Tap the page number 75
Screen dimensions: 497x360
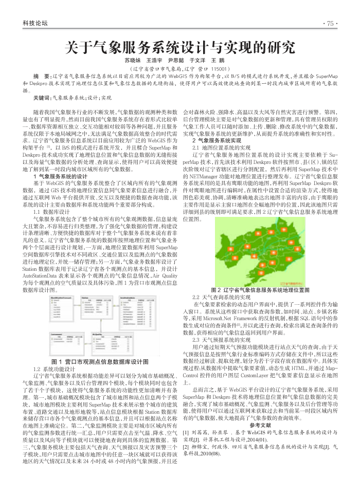pos(329,24)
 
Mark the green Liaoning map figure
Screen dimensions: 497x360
pos(262,247)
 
